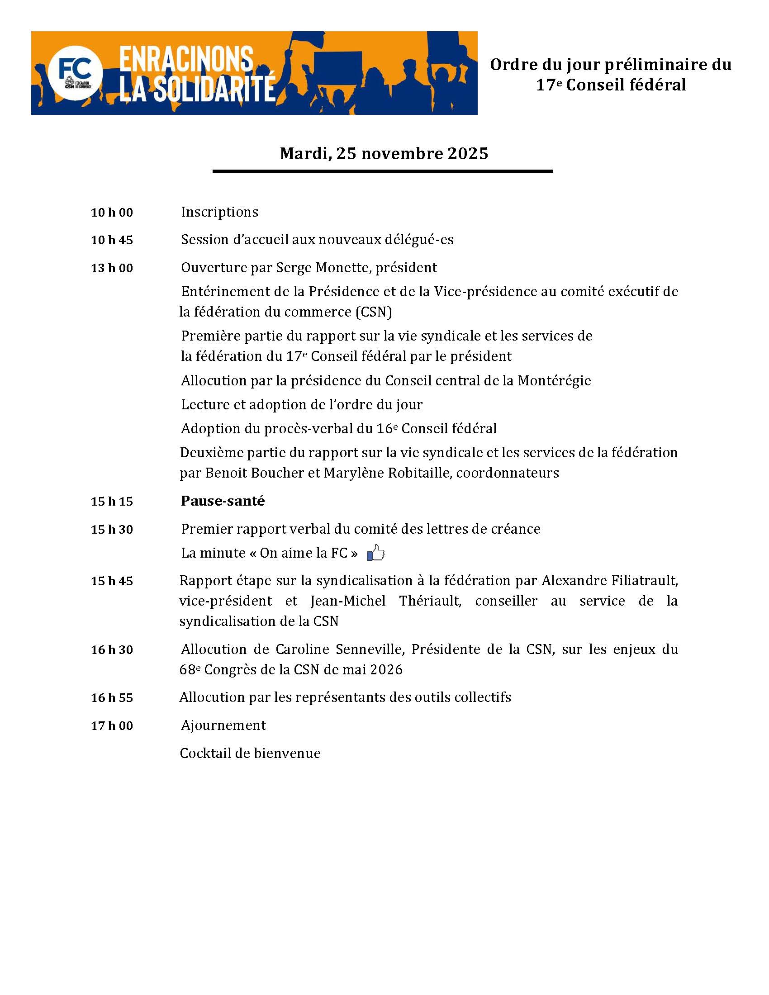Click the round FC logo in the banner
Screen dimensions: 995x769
[x=75, y=72]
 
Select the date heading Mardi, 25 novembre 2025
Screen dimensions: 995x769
[x=384, y=153]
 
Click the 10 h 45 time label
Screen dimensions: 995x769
[x=112, y=240]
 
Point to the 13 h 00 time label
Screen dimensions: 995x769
[x=112, y=268]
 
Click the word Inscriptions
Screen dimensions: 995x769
[x=219, y=212]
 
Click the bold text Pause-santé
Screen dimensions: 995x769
[x=223, y=501]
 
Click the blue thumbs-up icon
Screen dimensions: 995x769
[x=376, y=553]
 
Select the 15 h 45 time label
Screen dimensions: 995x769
[x=112, y=581]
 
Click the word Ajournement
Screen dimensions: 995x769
[x=223, y=725]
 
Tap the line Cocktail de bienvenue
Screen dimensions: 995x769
[x=250, y=753]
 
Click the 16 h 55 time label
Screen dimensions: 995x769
[x=112, y=697]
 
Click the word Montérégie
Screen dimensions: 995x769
[x=554, y=380]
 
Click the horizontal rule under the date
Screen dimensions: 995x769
[x=383, y=171]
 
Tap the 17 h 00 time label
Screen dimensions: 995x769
[x=112, y=725]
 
